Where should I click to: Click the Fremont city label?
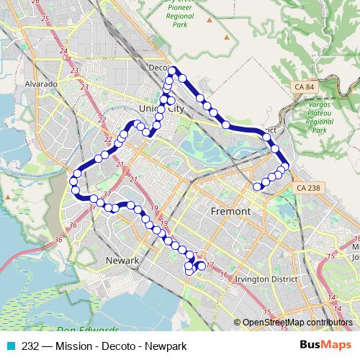click(x=230, y=212)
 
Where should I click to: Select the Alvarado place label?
click(x=42, y=84)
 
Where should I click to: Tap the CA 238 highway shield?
click(x=307, y=187)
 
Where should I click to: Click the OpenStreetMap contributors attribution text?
click(x=297, y=323)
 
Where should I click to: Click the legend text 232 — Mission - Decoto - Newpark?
click(x=104, y=346)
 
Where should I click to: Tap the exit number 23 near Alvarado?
click(x=74, y=70)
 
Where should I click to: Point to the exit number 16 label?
click(x=224, y=275)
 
